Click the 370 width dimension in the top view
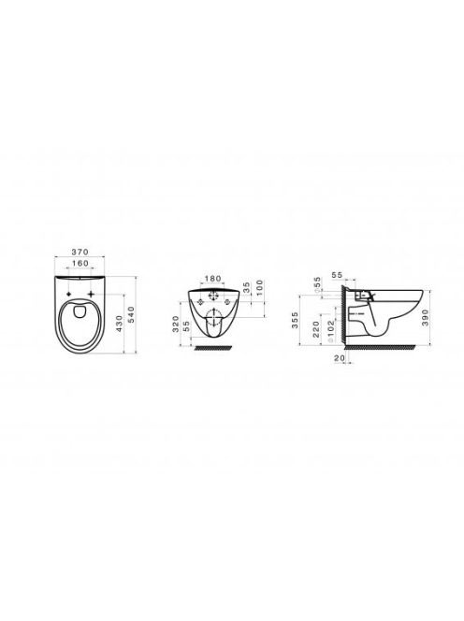(x=80, y=252)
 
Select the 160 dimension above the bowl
(x=80, y=264)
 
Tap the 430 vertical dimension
(x=119, y=324)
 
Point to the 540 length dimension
(x=132, y=314)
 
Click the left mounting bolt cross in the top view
(x=70, y=295)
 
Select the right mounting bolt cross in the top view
(x=92, y=294)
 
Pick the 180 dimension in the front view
(x=213, y=279)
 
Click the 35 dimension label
(x=246, y=287)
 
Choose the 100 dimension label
(x=259, y=285)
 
